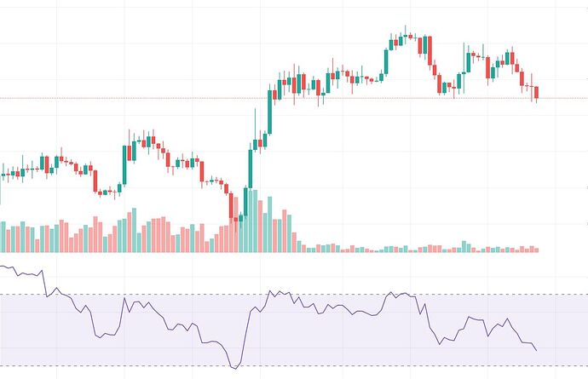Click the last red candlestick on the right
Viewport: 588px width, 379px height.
536,93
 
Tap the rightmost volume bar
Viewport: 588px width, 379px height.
536,250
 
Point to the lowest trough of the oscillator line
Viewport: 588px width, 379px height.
234,368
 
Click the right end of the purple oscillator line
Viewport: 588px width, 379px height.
536,350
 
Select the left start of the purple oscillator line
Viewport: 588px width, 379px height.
2,267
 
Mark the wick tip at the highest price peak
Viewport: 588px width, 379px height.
406,26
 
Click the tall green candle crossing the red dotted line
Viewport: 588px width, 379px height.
271,106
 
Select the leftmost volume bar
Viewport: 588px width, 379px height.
3,238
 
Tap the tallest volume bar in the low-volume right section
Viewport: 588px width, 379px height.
464,246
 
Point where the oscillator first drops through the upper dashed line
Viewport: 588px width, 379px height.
46,295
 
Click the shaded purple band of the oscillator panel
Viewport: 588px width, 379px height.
341,341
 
